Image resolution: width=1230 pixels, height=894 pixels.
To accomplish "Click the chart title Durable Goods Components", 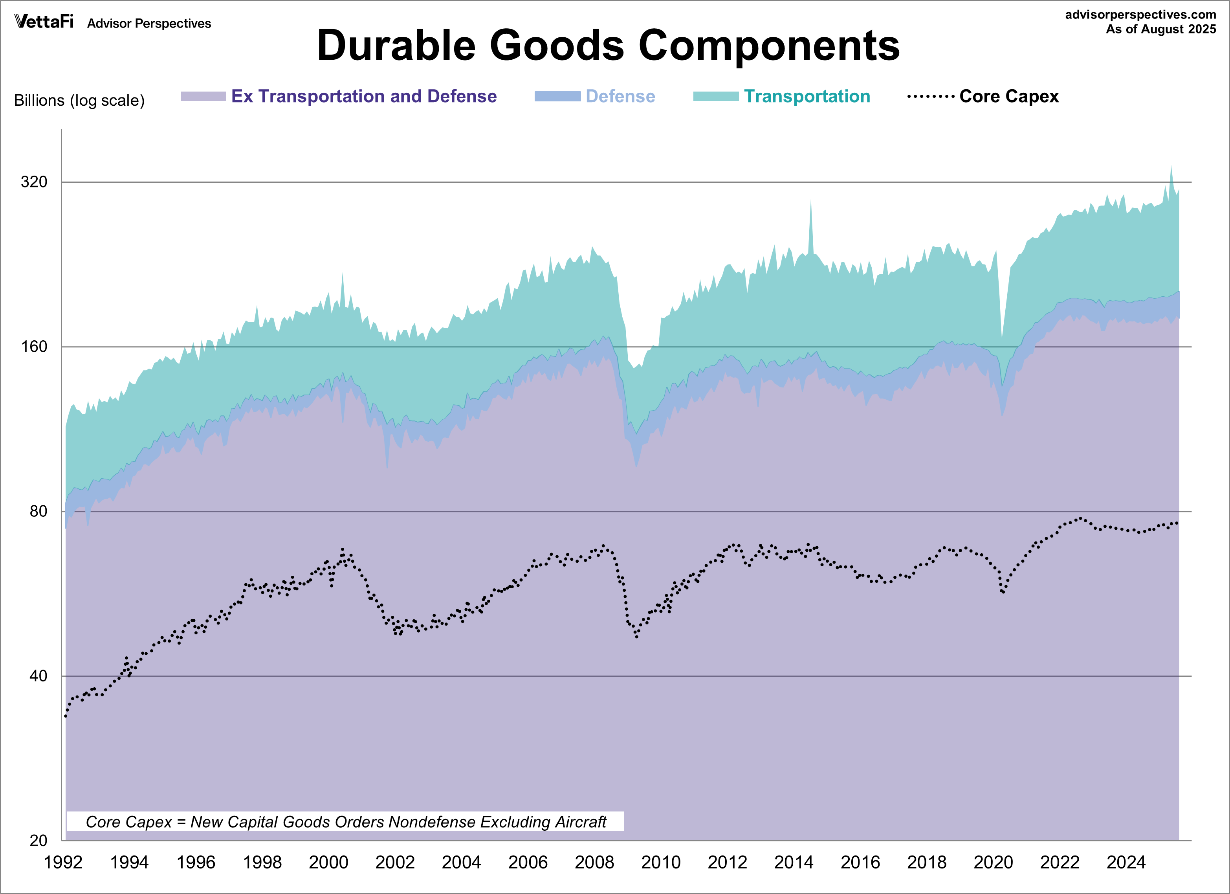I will [608, 46].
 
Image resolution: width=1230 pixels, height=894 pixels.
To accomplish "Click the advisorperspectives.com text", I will [1140, 15].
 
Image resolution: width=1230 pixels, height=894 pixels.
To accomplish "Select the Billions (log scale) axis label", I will [79, 100].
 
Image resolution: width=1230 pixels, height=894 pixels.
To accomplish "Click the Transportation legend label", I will [807, 97].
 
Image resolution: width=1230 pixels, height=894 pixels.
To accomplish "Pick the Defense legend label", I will [620, 97].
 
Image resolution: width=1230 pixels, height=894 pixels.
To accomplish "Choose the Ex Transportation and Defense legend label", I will [363, 97].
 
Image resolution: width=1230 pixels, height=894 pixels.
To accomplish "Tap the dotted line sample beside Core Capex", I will [931, 97].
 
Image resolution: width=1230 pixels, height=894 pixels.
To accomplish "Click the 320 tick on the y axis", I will [34, 182].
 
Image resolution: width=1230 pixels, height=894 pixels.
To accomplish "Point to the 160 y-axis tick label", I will [34, 347].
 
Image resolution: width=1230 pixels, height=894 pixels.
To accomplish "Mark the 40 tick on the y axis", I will [38, 676].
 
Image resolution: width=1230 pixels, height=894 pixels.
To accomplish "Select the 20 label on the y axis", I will [38, 840].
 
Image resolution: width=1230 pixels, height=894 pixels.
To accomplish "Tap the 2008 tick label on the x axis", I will [594, 862].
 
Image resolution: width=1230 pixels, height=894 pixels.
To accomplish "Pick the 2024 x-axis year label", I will [1126, 862].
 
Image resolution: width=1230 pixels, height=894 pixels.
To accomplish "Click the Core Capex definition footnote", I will [345, 822].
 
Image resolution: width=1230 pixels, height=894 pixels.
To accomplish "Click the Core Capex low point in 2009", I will [637, 636].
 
